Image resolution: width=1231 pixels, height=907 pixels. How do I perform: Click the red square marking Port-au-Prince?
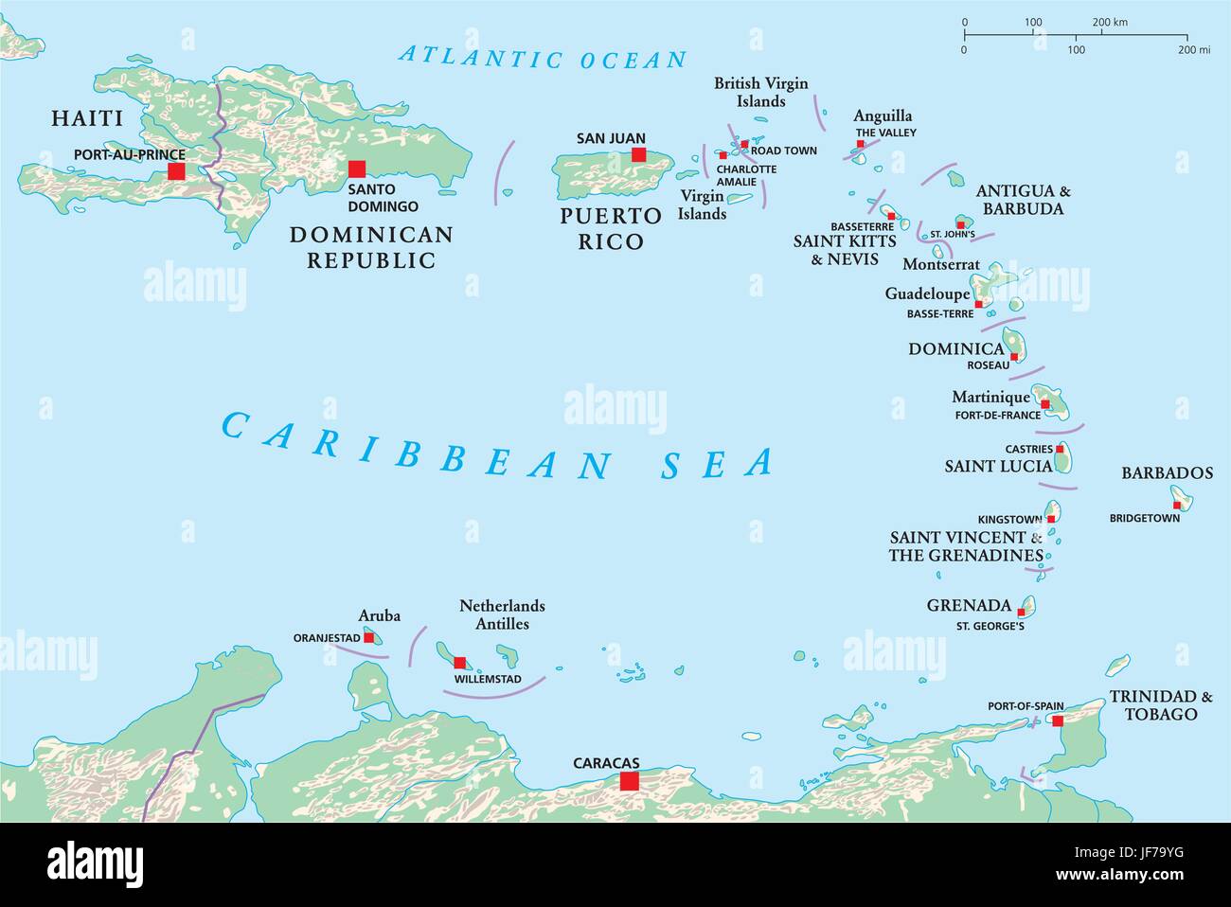click(x=176, y=171)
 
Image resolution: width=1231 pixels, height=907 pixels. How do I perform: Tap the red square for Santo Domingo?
click(x=357, y=169)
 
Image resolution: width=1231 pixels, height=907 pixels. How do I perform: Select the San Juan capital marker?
click(x=639, y=154)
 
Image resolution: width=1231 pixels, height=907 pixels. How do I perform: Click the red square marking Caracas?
click(x=629, y=781)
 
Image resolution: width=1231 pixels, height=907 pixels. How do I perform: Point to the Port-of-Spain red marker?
click(x=1058, y=721)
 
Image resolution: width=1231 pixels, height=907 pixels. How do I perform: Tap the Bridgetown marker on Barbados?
click(x=1177, y=505)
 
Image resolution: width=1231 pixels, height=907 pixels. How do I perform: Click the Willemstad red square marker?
click(x=460, y=663)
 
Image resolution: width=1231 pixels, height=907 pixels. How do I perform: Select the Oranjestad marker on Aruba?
click(x=368, y=638)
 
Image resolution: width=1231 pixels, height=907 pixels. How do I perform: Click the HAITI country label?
click(x=87, y=118)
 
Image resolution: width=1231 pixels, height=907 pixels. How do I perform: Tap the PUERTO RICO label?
click(x=610, y=229)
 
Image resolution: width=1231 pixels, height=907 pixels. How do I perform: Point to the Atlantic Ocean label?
click(x=543, y=57)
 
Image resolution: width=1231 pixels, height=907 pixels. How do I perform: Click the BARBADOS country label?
click(x=1167, y=473)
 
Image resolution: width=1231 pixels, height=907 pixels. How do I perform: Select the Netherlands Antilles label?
click(x=502, y=614)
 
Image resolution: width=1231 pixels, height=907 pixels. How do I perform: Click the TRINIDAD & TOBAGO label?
click(x=1161, y=705)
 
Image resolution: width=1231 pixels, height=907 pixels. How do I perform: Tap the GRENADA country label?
click(x=969, y=605)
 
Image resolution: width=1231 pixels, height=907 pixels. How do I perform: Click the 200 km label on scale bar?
click(x=1110, y=22)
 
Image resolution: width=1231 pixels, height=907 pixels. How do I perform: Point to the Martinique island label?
click(x=990, y=398)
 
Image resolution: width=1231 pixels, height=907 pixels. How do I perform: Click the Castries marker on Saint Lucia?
click(x=1060, y=450)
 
